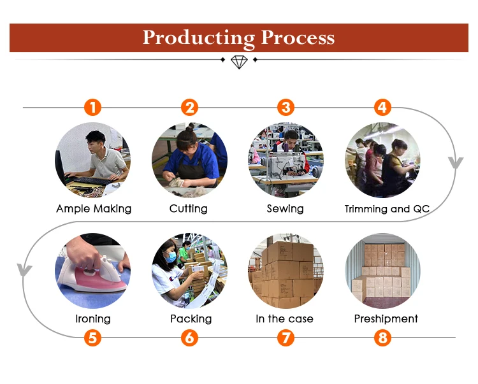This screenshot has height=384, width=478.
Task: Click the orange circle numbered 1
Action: pos(93,107)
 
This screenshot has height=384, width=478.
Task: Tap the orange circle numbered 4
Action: pos(382,107)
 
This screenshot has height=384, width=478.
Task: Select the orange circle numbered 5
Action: pos(93,338)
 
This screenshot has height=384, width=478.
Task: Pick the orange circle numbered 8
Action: pos(382,338)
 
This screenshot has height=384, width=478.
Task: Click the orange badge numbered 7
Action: pos(286,338)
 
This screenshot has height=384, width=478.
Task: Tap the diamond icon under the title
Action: pos(238,61)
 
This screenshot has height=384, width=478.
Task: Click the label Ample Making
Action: pos(94,209)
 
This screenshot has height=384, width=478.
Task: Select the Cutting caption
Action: pos(188,209)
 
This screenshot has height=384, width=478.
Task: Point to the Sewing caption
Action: pos(285,209)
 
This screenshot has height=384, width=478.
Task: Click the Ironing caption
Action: pos(92,318)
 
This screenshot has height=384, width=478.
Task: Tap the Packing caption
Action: pos(191,318)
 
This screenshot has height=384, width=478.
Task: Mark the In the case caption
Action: pos(284,318)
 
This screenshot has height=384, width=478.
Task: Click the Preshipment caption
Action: pos(386,318)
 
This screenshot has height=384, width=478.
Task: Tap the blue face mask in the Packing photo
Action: pos(171,258)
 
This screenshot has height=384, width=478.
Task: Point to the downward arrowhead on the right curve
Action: pos(455,163)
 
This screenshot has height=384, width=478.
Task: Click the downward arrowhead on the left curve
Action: pos(24,270)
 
